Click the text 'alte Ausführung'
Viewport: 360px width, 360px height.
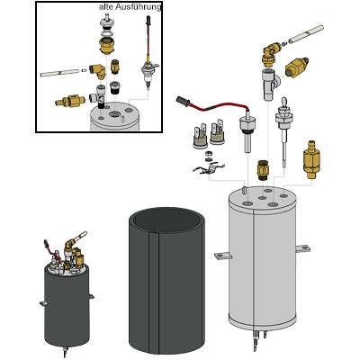(x=130, y=7)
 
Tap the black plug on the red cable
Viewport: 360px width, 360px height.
(x=183, y=101)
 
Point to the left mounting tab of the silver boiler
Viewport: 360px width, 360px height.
(x=222, y=256)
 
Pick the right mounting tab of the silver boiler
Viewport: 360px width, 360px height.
(x=303, y=248)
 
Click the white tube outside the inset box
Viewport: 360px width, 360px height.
(x=306, y=33)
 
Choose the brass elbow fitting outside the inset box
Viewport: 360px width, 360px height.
(x=271, y=53)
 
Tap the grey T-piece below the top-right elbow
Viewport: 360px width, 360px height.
(x=269, y=84)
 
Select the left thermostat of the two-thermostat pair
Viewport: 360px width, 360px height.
(x=200, y=138)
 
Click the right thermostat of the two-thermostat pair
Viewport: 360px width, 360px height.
(x=217, y=132)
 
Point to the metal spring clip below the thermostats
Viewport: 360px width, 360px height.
(x=209, y=168)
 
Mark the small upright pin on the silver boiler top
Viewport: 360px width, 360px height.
(x=244, y=190)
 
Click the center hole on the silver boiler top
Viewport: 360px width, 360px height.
(x=262, y=198)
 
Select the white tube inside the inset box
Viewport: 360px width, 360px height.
(x=61, y=72)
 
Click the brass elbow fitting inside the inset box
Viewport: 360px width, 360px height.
(x=97, y=71)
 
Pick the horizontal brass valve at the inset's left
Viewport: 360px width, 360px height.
(x=70, y=101)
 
